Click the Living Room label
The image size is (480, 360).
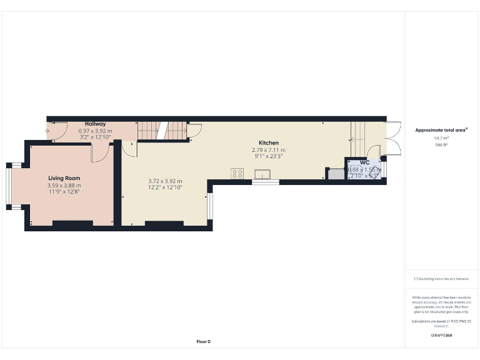click(x=64, y=178)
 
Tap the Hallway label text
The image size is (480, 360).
click(x=96, y=124)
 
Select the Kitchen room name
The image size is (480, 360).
click(x=269, y=142)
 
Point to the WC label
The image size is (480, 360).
click(x=364, y=162)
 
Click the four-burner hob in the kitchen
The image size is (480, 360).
click(x=237, y=174)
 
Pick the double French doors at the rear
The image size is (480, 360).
click(x=392, y=137)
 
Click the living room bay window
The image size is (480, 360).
click(x=9, y=186)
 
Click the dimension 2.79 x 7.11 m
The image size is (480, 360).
click(x=268, y=150)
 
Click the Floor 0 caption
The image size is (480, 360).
click(x=204, y=342)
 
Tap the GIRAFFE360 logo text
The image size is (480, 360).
click(x=441, y=336)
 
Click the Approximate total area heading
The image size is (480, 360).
click(x=441, y=130)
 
